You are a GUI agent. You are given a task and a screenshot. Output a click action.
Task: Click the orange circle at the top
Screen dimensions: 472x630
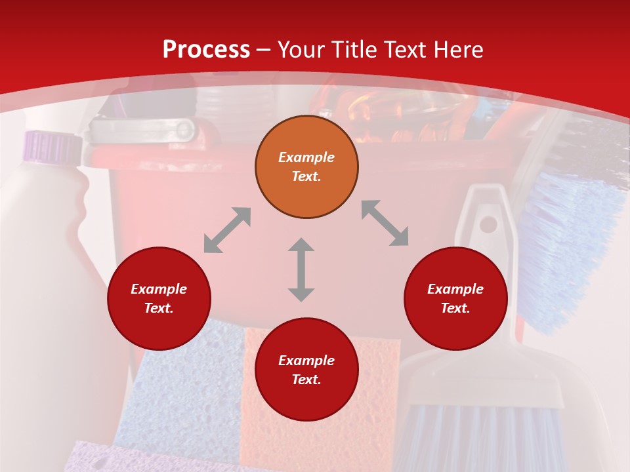tap(306, 167)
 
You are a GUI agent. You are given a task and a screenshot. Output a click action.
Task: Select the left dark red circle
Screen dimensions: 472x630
tap(159, 298)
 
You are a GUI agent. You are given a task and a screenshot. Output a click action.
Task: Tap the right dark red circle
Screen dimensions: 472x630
tap(455, 298)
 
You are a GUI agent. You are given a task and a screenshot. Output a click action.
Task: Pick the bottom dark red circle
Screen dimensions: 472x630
tap(306, 370)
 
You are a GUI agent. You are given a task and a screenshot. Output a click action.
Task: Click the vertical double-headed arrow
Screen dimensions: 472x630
tap(301, 269)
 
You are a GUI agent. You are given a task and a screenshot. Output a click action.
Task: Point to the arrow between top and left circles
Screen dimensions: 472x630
tap(227, 230)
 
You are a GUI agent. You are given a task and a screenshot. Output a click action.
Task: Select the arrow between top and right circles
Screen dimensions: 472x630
tap(385, 223)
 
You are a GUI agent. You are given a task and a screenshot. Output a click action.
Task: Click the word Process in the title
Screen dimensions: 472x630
tap(206, 49)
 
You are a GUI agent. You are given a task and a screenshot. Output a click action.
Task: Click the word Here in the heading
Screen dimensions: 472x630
tap(459, 49)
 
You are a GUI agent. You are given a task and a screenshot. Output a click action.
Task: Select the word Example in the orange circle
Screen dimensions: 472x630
tap(306, 157)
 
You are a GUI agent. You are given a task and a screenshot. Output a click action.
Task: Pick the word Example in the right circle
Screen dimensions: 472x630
tap(455, 289)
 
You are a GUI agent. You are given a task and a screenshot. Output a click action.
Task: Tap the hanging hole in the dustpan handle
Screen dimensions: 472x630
tap(488, 224)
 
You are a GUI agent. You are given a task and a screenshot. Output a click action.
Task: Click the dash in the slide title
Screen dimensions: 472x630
tap(264, 50)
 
